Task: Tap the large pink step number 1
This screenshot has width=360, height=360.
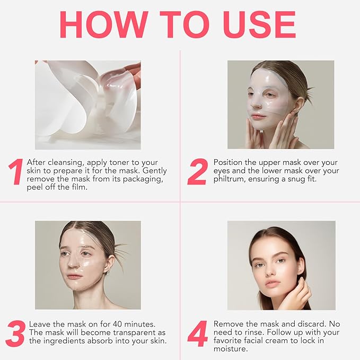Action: pos(15,173)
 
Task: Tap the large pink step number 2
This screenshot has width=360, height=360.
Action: pos(197,173)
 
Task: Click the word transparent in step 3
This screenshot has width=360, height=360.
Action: pos(124,332)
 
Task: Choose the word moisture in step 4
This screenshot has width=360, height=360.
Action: pos(231,349)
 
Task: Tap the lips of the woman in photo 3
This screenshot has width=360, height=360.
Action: pos(75,276)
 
